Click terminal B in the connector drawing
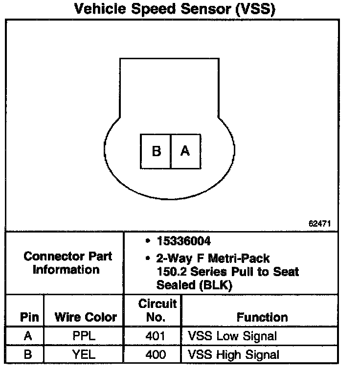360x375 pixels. tap(156, 151)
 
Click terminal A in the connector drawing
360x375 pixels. tap(185, 151)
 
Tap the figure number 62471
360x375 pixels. tap(320, 223)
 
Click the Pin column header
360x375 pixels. tap(29, 317)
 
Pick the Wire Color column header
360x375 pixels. tap(86, 317)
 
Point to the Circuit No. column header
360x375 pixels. tap(157, 310)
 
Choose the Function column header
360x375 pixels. tap(262, 317)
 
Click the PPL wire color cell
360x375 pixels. tap(84, 336)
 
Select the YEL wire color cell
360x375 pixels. tap(84, 354)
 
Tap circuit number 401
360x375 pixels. tap(156, 336)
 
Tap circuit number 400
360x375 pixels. tap(156, 354)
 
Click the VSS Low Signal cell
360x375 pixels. tap(232, 336)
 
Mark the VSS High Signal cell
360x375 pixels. tap(234, 354)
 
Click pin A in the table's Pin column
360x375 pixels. tap(28, 336)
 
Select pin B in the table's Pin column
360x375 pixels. tap(28, 354)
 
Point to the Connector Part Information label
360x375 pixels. tap(67, 263)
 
